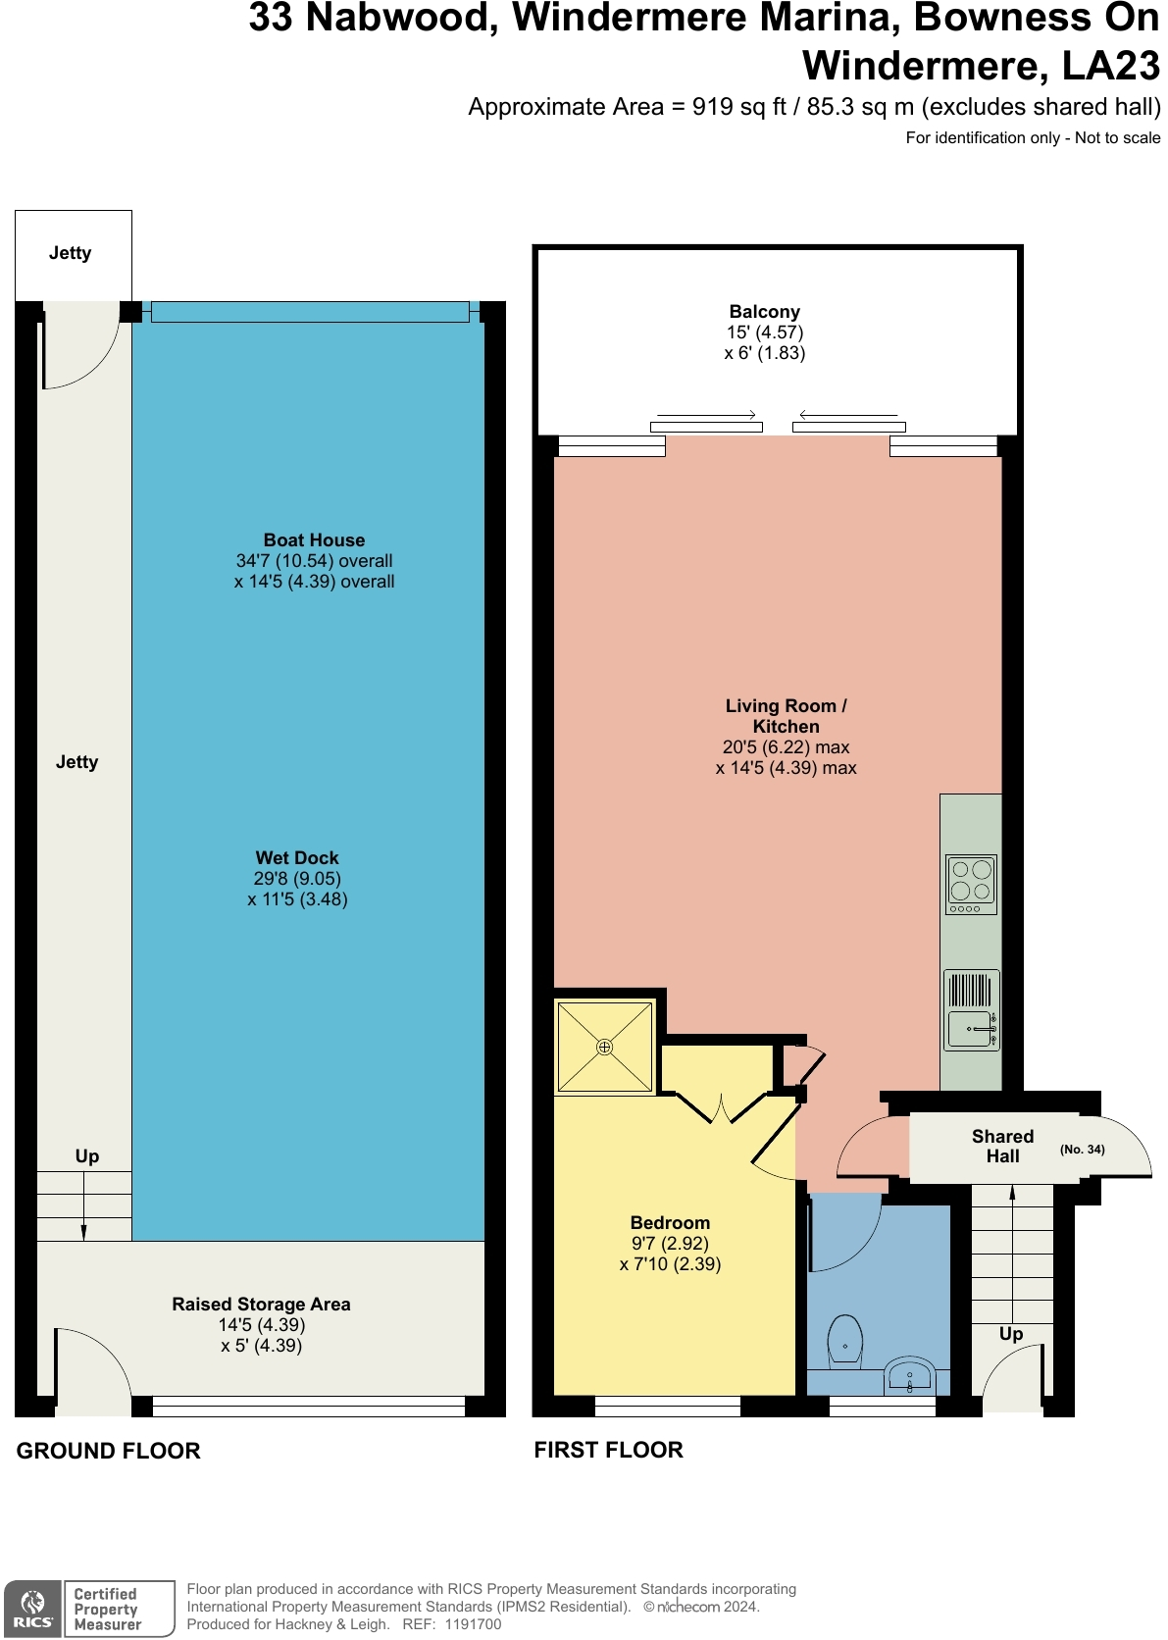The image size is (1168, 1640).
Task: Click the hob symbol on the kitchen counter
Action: point(971,884)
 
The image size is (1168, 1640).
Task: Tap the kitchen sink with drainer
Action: point(971,1010)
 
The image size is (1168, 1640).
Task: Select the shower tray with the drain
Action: point(605,1047)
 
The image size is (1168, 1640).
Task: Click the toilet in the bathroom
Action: point(844,1342)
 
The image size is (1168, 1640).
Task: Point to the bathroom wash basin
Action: point(909,1375)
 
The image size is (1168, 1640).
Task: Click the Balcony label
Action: point(764,312)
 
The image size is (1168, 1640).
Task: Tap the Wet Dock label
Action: point(297,858)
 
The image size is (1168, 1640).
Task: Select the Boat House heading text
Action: point(314,540)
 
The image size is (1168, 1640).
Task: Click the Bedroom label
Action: point(670,1223)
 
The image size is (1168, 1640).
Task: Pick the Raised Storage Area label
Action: point(261,1305)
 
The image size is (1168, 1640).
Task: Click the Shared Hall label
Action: point(1002,1146)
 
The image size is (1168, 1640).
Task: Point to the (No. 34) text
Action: point(1082,1150)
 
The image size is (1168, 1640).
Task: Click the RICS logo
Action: point(33,1609)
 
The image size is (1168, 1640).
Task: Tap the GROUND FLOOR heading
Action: point(108,1451)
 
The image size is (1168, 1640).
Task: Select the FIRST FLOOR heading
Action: point(608,1450)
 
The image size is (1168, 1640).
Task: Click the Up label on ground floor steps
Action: point(87,1156)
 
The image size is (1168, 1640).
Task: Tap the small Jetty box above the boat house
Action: point(72,254)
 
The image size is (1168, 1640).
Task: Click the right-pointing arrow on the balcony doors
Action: point(706,415)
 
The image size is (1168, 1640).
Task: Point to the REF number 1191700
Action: point(473,1624)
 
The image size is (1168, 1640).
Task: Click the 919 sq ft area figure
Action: point(738,107)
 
